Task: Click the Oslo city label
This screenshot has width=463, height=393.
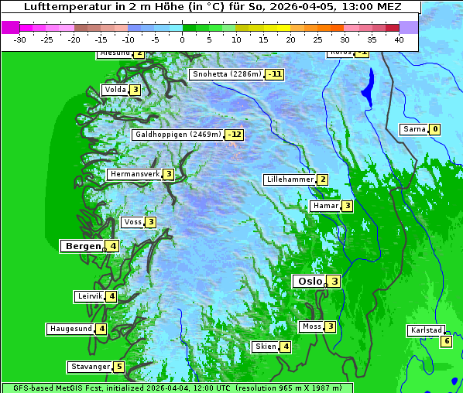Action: (308, 282)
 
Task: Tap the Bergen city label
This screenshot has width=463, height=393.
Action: (83, 246)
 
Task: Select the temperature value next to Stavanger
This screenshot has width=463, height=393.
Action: (118, 367)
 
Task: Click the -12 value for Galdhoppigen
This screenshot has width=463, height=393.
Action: (234, 135)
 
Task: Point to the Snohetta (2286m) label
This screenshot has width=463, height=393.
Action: (226, 74)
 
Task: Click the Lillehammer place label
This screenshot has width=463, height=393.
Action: (290, 179)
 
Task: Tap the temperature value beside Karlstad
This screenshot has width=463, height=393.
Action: (446, 341)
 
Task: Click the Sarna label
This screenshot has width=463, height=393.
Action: (414, 129)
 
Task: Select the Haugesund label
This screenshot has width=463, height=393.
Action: (71, 329)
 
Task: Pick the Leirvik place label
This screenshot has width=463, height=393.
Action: (90, 296)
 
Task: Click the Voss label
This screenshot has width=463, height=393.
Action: (132, 222)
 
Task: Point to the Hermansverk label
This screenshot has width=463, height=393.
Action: (134, 175)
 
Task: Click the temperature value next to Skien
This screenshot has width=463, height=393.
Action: (286, 347)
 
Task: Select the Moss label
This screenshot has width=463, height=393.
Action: (311, 326)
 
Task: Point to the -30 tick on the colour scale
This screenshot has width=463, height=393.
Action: (20, 39)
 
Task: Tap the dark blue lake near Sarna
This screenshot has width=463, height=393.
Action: (367, 87)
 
